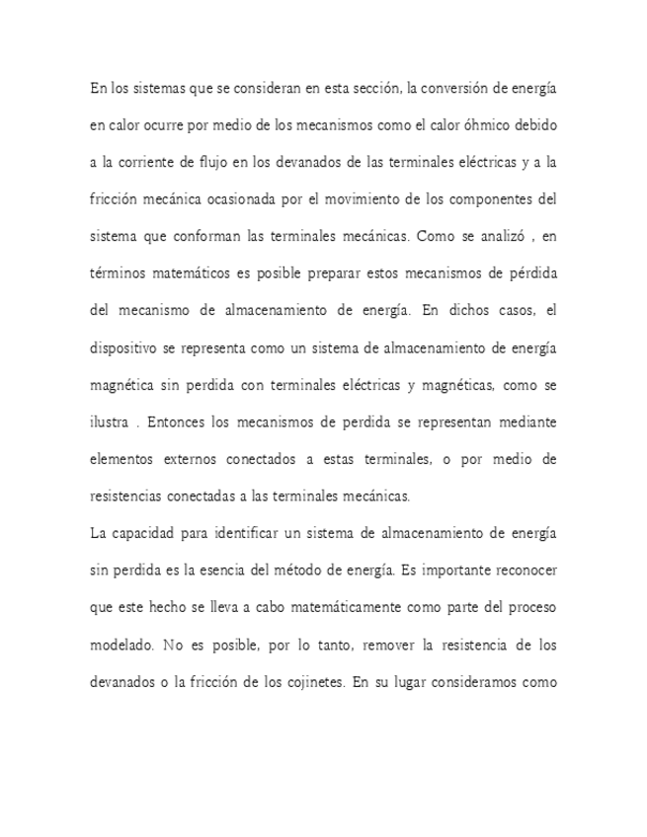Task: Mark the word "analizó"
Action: point(484,237)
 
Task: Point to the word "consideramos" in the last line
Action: point(476,683)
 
